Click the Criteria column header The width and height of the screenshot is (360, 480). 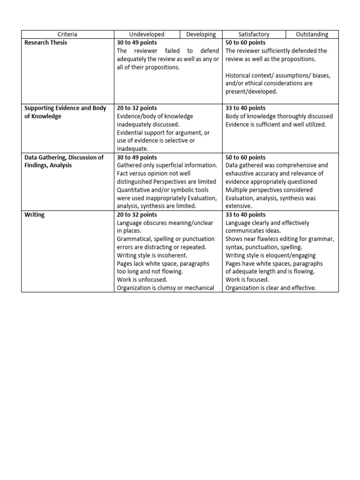coord(67,34)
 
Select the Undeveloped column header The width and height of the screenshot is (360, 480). coord(147,34)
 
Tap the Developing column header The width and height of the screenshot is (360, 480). coord(201,34)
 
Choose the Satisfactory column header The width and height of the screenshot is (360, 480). coord(254,34)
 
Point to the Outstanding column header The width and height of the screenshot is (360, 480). coord(312,34)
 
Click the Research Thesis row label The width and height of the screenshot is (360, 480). coord(45,43)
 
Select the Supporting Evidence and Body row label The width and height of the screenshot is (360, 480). coord(65,108)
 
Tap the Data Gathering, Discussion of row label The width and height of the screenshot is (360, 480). coord(64,157)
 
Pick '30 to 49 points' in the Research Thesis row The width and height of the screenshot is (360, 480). coord(137,43)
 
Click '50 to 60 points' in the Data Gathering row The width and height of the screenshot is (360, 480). coord(245,157)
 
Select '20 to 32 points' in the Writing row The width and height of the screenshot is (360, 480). coord(137,215)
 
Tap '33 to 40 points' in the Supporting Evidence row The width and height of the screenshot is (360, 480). coord(245,108)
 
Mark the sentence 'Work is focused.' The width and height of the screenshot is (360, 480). coord(247,280)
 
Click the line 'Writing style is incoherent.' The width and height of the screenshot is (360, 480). coord(152,255)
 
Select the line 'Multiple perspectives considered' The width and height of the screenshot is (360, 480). coord(269,190)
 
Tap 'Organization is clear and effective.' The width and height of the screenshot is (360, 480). coord(270,288)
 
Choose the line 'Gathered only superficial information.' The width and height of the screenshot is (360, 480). coord(167,165)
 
